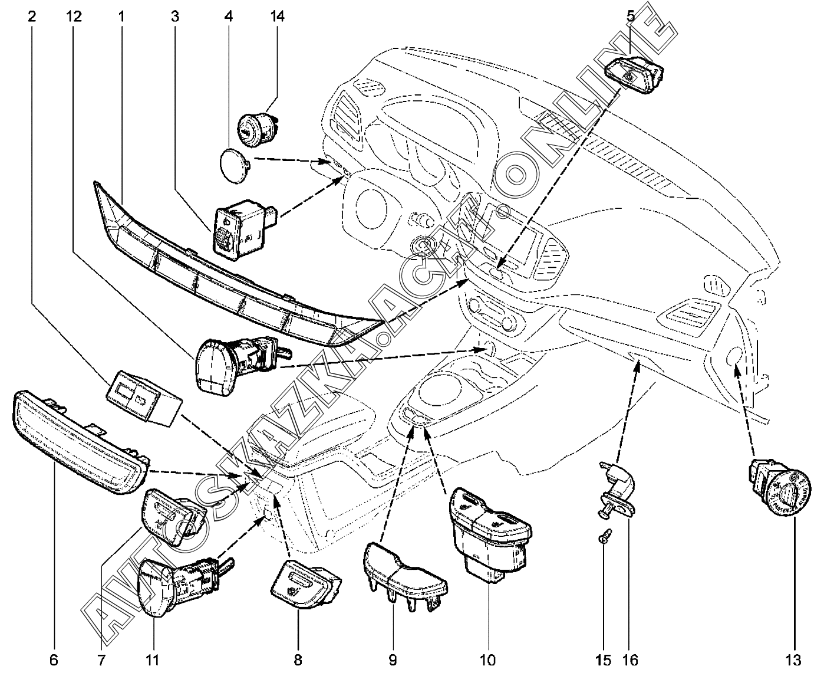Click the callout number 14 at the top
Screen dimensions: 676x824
(x=276, y=17)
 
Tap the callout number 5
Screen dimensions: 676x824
(x=631, y=17)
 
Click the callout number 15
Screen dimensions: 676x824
(x=603, y=659)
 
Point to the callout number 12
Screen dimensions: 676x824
(x=74, y=17)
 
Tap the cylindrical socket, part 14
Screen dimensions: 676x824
(x=258, y=126)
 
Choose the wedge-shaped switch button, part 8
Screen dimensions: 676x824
(x=304, y=582)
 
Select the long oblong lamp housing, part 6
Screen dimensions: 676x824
(x=80, y=445)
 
